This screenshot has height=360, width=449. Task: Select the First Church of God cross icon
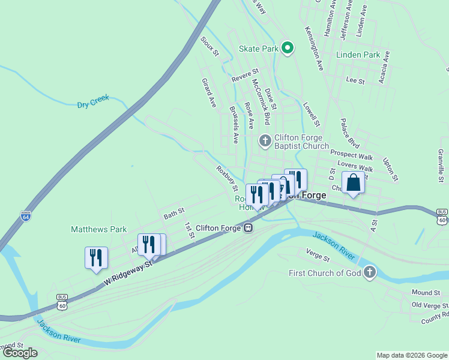pos(370,273)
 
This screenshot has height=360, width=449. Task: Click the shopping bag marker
pos(353,182)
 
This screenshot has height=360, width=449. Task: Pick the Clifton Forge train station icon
pos(247,228)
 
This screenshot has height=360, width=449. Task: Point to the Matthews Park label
pos(99,229)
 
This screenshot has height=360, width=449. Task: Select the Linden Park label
pos(358,55)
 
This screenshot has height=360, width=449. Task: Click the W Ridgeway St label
pos(128,266)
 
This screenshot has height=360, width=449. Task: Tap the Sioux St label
pos(209,47)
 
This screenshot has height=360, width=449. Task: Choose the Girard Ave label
pos(208,92)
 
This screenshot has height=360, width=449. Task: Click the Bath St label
pos(173,212)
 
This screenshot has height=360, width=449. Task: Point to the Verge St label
pos(318,256)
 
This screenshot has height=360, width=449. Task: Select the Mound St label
pos(426,292)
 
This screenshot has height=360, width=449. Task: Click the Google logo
pos(20,353)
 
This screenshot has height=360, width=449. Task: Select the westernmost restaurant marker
pos(96,257)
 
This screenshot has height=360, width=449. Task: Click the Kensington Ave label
pos(315,47)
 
